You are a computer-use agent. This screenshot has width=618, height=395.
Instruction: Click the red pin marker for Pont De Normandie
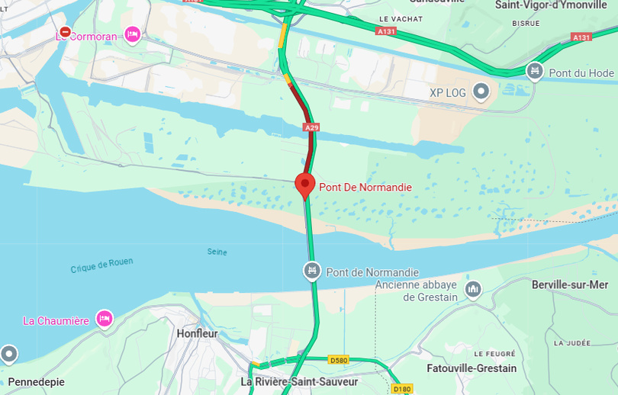coord(305,184)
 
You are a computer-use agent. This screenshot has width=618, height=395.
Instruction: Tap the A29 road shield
coord(311,128)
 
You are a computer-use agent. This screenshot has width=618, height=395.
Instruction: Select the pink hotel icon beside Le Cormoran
coord(133,34)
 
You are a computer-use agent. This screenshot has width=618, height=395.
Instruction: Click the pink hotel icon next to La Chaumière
coord(104,319)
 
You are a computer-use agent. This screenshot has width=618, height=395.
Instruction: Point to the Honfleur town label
coord(197,333)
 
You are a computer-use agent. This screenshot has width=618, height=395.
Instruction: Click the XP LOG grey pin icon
coord(481,92)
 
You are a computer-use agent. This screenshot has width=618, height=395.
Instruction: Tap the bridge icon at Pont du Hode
coord(535,72)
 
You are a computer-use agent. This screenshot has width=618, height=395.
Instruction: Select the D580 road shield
coord(337,359)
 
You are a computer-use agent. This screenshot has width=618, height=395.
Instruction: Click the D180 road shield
coord(402,389)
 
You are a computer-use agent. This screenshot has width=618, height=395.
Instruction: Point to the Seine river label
coord(217,252)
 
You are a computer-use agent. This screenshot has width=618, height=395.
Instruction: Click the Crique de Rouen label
coord(101,265)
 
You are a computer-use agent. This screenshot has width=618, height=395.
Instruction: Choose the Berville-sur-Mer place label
coord(569,284)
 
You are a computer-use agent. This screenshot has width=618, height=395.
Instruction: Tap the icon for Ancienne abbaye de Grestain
coord(473,289)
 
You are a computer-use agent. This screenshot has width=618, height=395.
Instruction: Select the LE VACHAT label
coord(395,18)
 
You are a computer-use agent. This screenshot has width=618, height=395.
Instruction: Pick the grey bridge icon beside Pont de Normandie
coord(311,270)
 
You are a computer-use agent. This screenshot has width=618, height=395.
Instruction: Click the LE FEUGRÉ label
coord(494,354)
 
